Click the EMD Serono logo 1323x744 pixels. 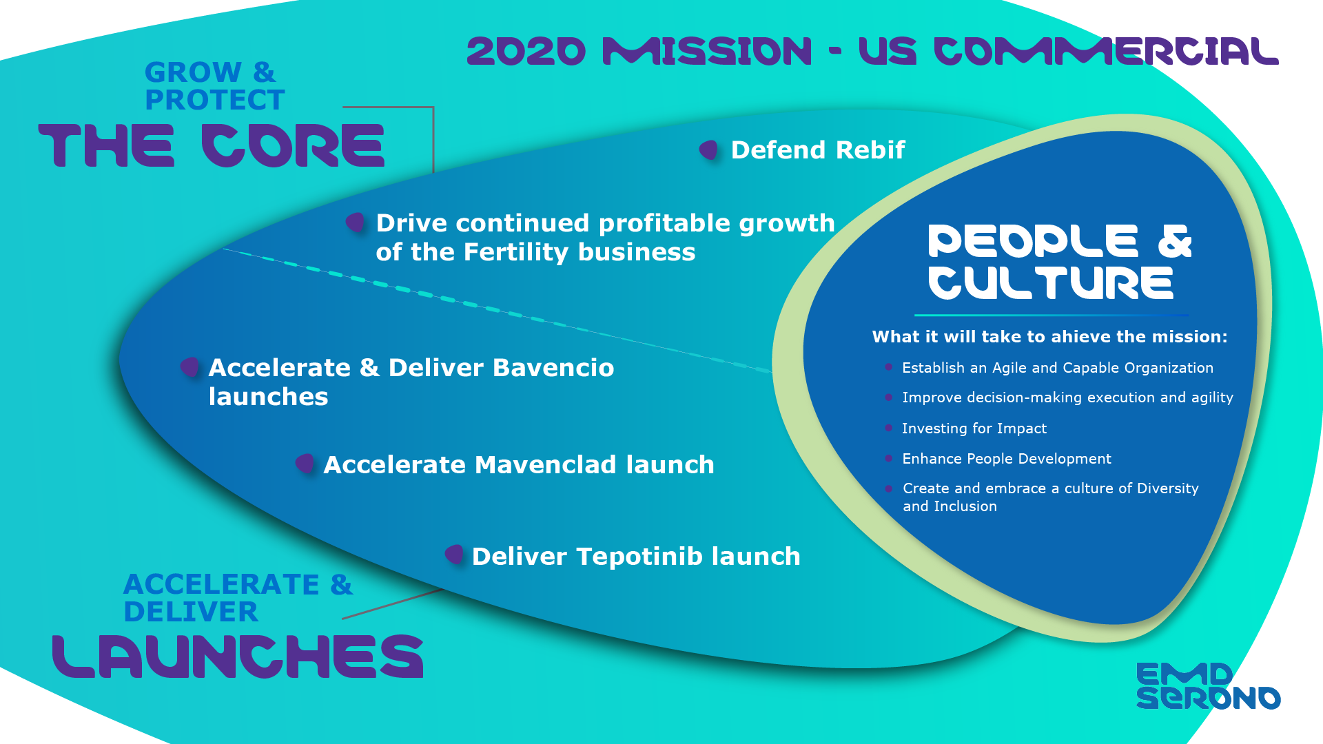(1207, 685)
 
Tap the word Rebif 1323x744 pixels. (870, 150)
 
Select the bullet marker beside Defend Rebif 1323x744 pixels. (708, 149)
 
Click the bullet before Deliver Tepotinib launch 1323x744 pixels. (454, 554)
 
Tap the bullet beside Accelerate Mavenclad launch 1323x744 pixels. (305, 464)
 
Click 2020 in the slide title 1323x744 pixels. (526, 52)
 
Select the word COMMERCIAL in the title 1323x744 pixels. (1105, 52)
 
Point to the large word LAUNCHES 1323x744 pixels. (238, 657)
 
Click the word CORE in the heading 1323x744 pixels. (293, 145)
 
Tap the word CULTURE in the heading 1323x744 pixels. (1050, 283)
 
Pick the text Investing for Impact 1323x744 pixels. (974, 428)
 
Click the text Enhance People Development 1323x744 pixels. (1006, 459)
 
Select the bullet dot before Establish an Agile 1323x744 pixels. (889, 367)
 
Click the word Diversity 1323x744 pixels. (1167, 488)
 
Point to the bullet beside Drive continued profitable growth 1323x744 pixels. (355, 223)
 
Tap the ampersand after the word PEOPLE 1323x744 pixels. (1174, 241)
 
